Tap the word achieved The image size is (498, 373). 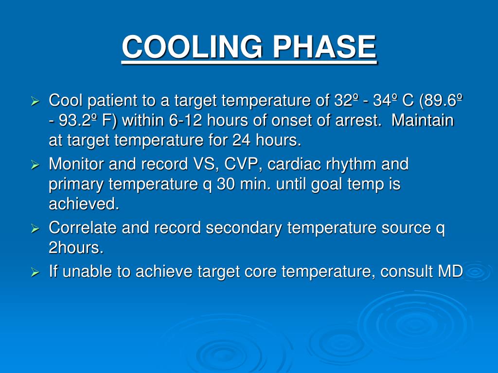point(84,204)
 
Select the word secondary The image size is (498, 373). point(244,228)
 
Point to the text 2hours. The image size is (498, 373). point(76,248)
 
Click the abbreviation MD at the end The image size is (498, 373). point(450,272)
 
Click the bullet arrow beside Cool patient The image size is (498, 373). point(35,102)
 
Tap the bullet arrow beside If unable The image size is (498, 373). point(35,273)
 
